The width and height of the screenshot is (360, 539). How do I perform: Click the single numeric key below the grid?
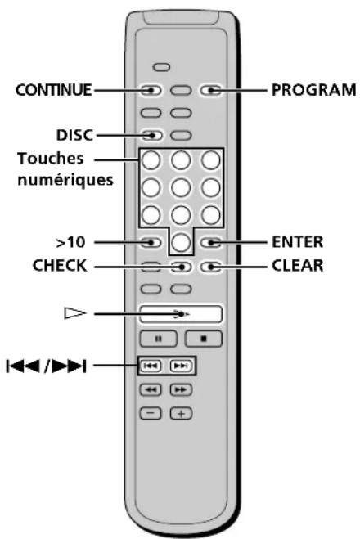tap(181, 242)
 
